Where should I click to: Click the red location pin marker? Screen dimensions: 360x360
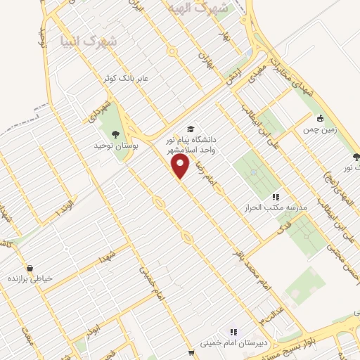tap(181, 165)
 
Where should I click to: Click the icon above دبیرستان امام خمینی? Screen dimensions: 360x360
tap(233, 331)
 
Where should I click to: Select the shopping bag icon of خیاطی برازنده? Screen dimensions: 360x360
tap(30, 267)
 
